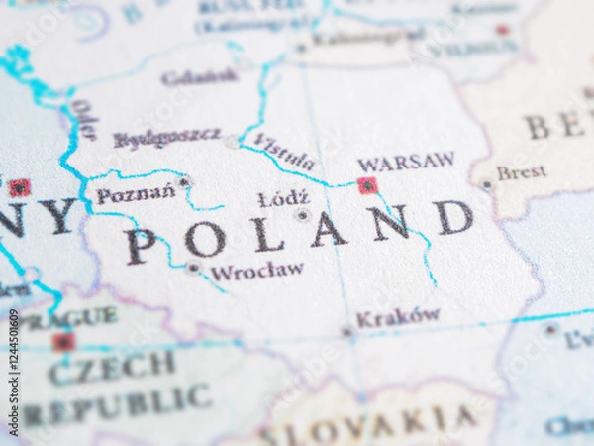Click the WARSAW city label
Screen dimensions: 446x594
point(406,162)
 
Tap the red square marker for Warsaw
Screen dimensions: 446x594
point(367,185)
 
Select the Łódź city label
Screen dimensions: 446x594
point(283,199)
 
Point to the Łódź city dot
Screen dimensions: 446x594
point(302,214)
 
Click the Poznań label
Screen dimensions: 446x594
point(136,195)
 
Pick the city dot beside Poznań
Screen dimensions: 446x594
point(184,182)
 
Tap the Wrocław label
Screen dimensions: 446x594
point(257,271)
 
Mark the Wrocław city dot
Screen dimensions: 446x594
point(193,268)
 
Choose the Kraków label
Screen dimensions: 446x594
point(398,317)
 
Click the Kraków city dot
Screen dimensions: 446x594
point(346,331)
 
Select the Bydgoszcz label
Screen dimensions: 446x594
point(166,139)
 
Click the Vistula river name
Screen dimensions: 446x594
point(284,152)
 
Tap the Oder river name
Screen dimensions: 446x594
point(83,120)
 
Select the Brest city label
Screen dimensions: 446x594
point(521,173)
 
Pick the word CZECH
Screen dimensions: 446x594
point(112,369)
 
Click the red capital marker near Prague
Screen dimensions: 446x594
point(63,342)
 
